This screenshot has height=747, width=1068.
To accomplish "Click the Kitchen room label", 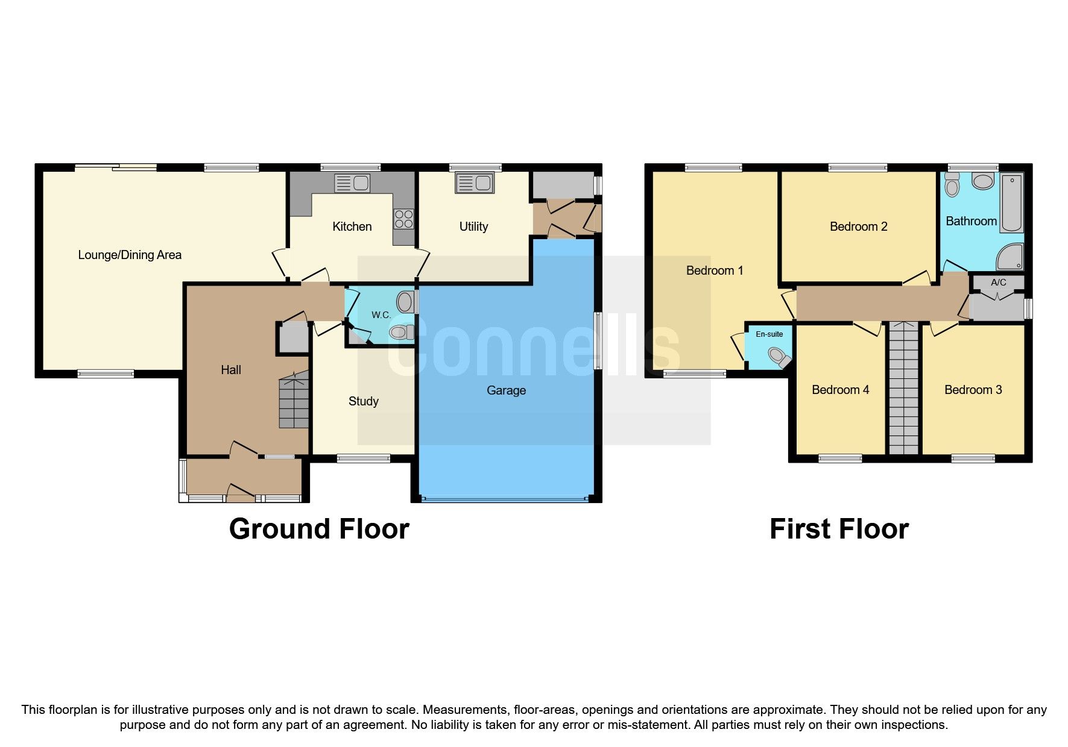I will (352, 227).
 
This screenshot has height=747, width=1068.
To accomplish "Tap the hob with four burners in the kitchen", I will (404, 219).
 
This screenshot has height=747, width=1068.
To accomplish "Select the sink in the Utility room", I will (475, 183).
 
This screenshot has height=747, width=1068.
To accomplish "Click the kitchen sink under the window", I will (352, 183).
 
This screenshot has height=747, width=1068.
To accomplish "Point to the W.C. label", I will (381, 315).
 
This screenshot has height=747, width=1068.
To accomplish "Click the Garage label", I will (506, 390).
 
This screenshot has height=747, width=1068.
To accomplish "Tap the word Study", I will (363, 401).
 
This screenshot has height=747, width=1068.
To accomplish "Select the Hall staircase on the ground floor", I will (294, 401).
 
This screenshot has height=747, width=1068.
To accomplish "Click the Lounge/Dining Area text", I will (130, 255).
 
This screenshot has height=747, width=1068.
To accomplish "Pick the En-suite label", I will (769, 334).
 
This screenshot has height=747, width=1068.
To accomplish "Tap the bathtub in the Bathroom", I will (1012, 203).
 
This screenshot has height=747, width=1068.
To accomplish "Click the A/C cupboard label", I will (998, 282).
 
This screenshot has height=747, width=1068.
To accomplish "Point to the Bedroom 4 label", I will (840, 390).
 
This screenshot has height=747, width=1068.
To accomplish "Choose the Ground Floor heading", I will (319, 529).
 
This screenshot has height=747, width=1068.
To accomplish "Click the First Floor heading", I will (839, 529).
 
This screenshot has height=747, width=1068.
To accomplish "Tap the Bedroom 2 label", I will (858, 227).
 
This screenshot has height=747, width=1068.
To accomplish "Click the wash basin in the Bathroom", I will (983, 181).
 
